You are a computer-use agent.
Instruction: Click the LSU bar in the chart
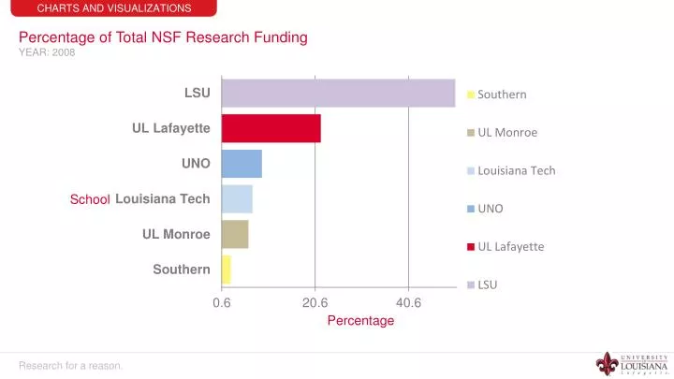[338, 93]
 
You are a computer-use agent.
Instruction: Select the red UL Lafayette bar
[271, 128]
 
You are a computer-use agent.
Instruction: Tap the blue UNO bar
[242, 164]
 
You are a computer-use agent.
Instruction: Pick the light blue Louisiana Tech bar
[237, 198]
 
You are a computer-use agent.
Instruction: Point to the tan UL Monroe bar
[235, 234]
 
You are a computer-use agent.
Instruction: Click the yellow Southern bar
[226, 270]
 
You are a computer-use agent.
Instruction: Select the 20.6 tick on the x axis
[315, 302]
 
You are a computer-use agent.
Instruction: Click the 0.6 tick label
[222, 302]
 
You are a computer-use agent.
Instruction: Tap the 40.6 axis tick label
[409, 302]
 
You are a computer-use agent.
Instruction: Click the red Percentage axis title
[360, 320]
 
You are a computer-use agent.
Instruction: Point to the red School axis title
[90, 199]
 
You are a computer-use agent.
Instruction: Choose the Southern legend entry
[502, 95]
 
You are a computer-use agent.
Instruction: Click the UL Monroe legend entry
[506, 133]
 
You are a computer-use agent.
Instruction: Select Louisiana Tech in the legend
[516, 170]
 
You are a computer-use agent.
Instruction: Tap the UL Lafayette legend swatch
[471, 247]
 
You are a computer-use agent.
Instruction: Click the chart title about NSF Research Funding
[164, 37]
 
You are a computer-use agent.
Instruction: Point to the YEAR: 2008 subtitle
[47, 52]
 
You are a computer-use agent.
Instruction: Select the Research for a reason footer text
[71, 365]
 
